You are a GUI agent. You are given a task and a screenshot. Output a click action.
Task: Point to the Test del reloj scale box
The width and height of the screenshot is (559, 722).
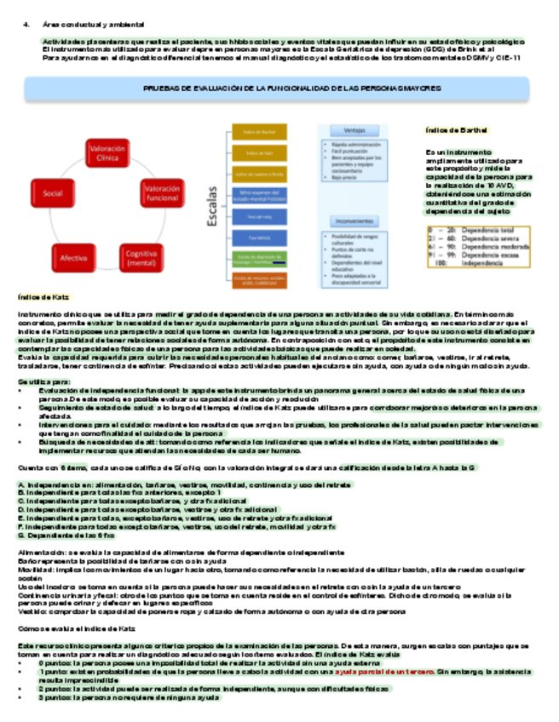(x=259, y=216)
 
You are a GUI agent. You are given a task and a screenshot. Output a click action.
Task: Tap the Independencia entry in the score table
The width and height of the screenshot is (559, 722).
(x=482, y=263)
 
